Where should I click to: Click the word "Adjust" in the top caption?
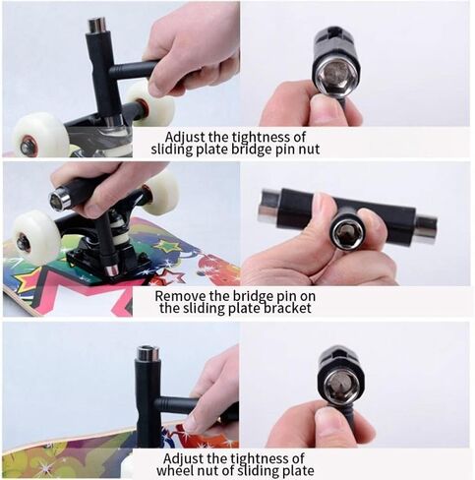point(185,138)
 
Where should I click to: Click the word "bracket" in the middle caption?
point(287,308)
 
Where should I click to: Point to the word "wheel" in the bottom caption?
point(175,471)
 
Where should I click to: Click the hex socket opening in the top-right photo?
point(334,76)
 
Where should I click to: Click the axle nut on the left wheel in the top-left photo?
point(28,147)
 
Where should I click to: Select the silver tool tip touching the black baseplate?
point(112,270)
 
